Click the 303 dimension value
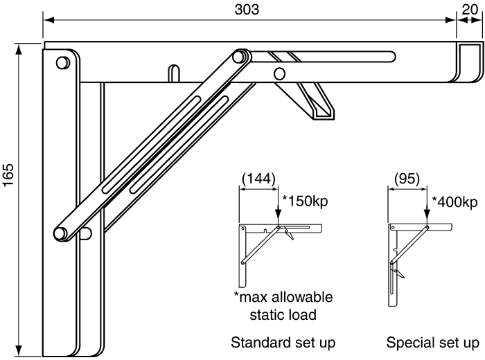247,9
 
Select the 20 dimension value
470,10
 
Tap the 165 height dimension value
8,175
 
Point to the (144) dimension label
258,179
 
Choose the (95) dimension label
407,179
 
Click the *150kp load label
305,201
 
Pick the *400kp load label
455,202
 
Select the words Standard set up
283,343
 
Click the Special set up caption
432,343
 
